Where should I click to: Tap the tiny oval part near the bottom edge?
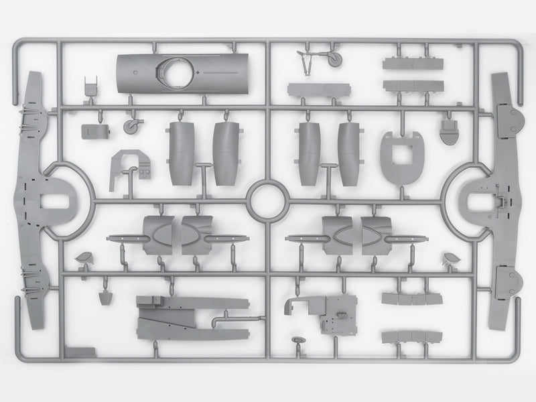click(297, 346)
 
